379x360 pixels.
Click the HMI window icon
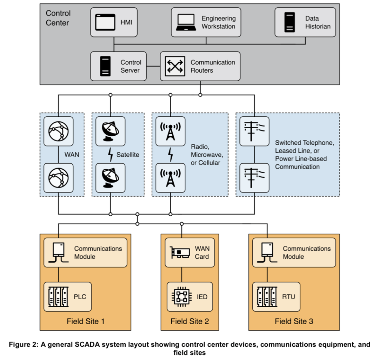coord(105,22)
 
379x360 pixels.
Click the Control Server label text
coord(131,66)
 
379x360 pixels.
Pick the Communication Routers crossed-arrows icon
coord(175,66)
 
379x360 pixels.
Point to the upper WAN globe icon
coord(59,131)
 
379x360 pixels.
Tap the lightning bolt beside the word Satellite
coord(111,155)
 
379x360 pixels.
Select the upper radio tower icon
coord(170,131)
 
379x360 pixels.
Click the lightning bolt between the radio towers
coord(170,155)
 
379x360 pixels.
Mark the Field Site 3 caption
coord(294,321)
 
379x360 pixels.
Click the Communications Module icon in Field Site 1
coord(58,252)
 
